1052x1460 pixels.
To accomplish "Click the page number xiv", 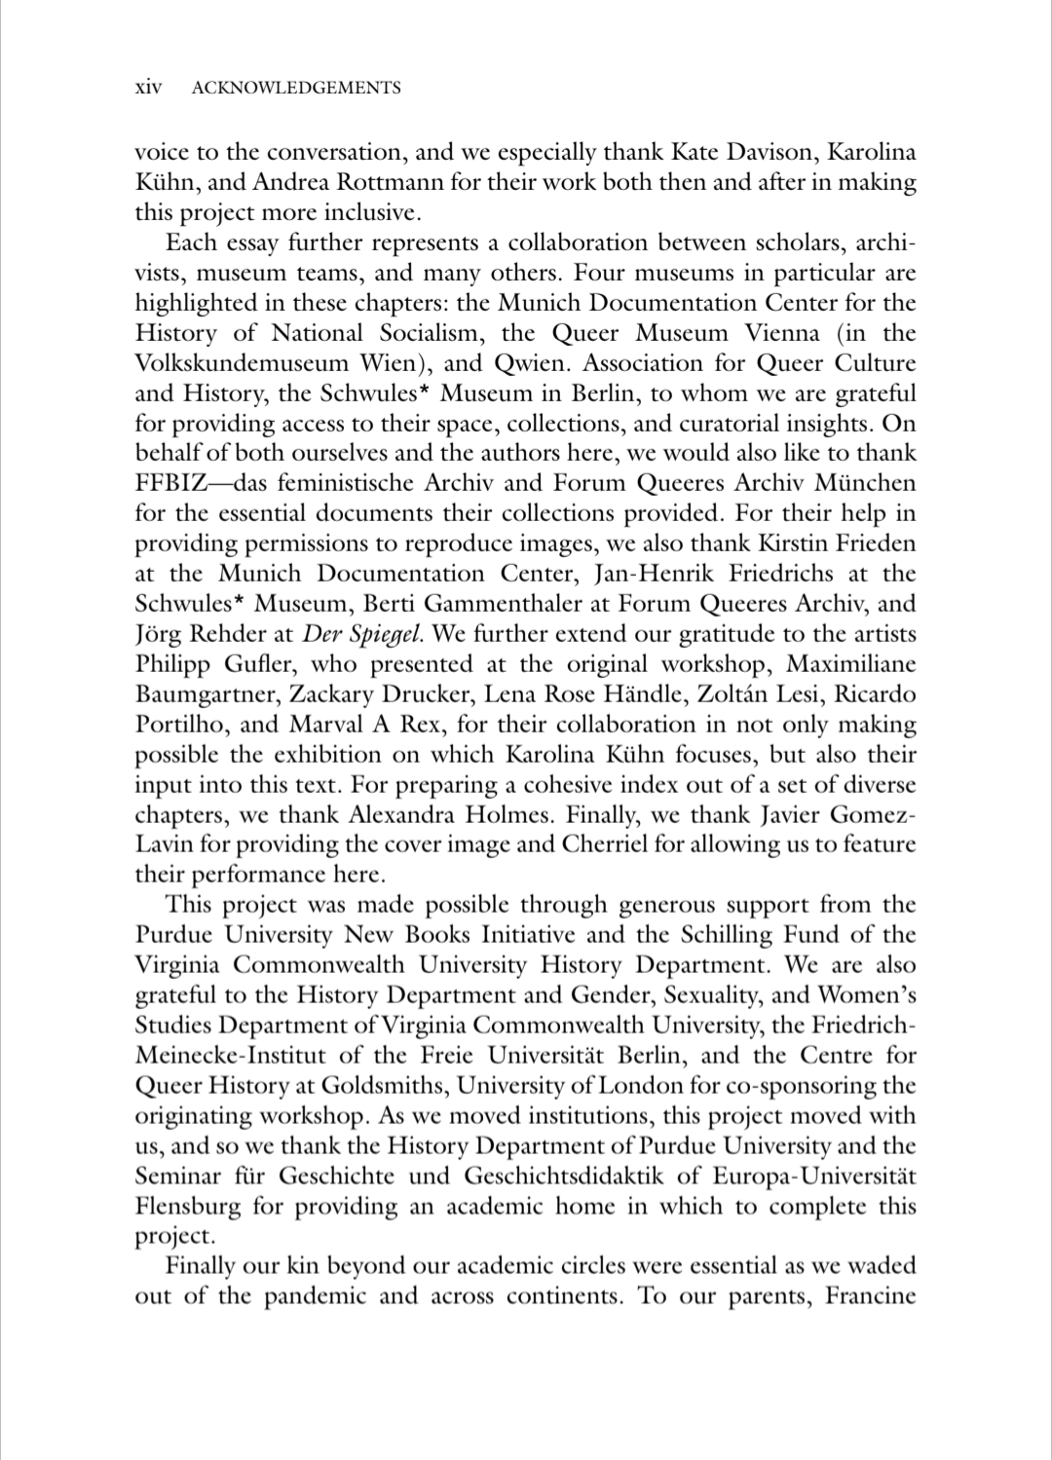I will (x=147, y=88).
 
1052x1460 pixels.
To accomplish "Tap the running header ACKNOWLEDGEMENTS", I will (x=296, y=88).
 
